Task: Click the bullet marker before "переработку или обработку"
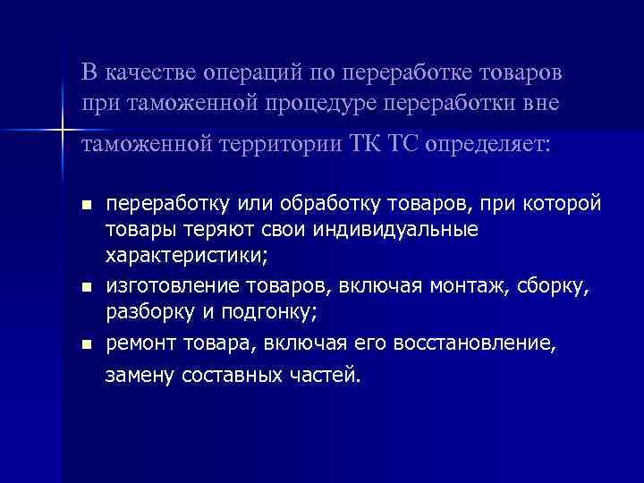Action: (x=86, y=206)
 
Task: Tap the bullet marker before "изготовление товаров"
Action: (x=86, y=288)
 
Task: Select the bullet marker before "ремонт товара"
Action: (x=86, y=343)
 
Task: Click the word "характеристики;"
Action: (x=186, y=257)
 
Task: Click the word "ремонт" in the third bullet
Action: (x=144, y=342)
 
